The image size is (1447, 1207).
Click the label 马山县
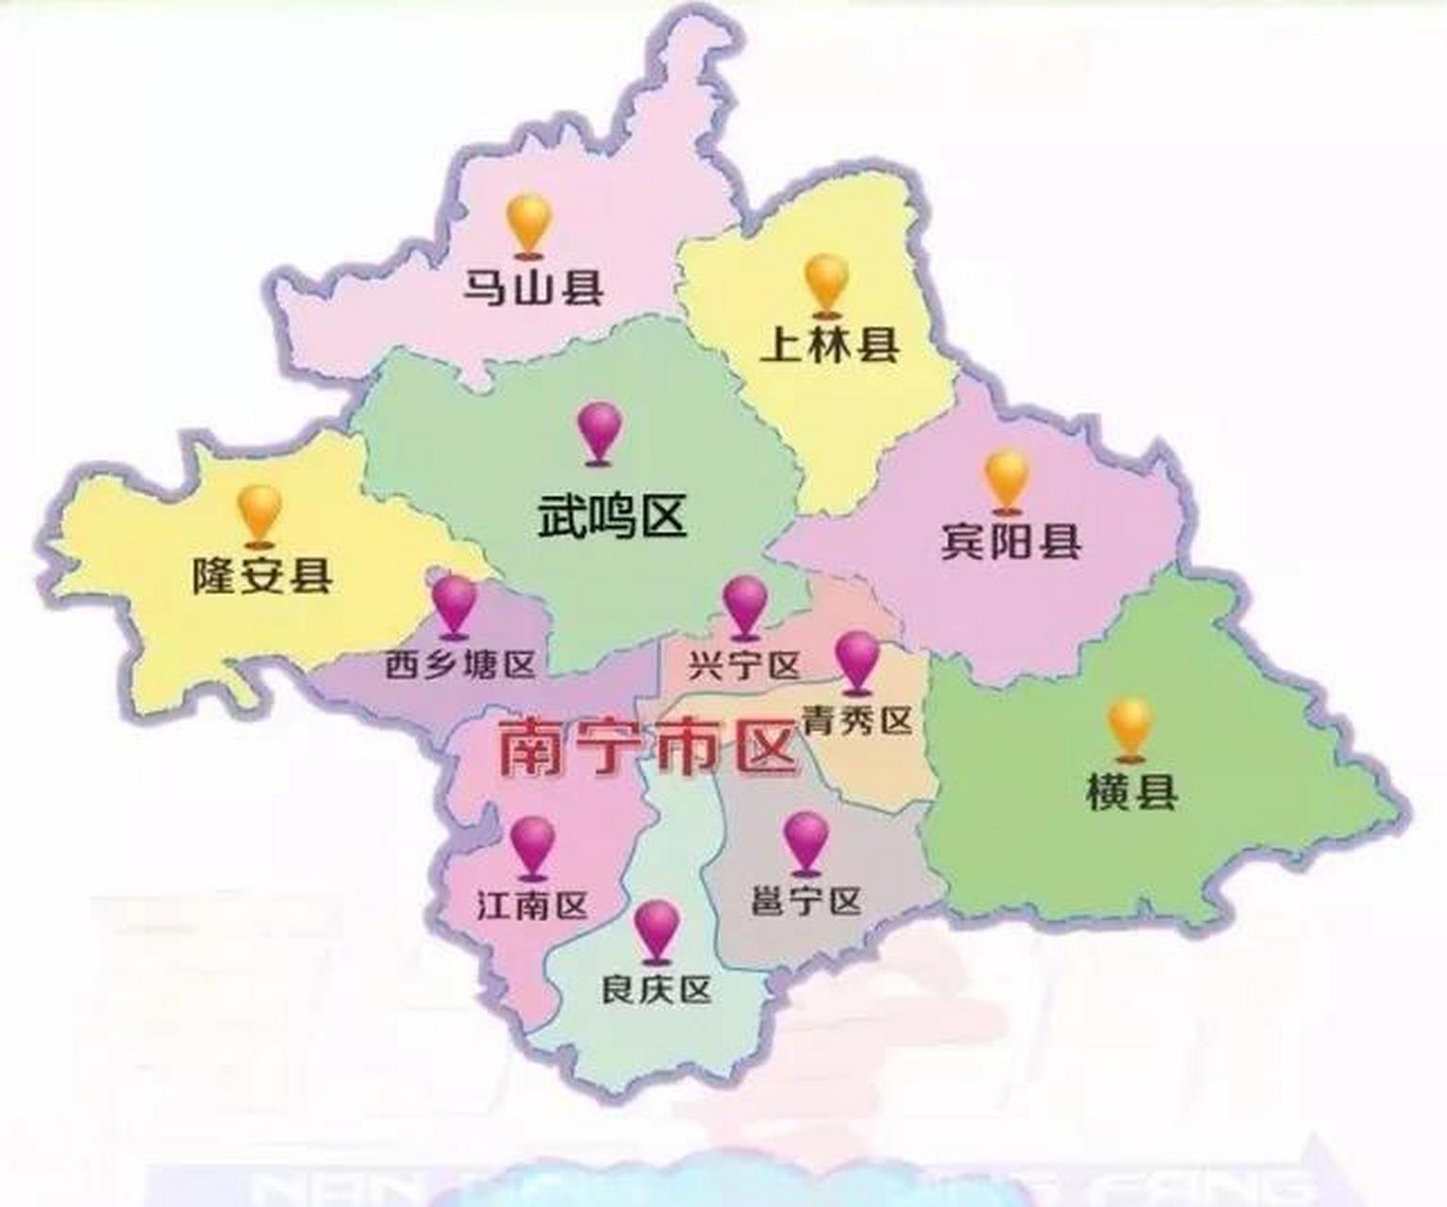(532, 287)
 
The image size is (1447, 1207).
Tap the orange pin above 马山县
(528, 223)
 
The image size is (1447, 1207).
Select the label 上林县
(830, 345)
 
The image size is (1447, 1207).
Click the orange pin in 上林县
(827, 280)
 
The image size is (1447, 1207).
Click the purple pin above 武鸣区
(600, 429)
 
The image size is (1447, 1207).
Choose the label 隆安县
(262, 574)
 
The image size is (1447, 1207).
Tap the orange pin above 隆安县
(259, 511)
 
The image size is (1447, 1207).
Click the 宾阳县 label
(1011, 540)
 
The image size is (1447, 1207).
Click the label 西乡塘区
(460, 666)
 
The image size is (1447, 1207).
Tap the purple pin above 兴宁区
(745, 603)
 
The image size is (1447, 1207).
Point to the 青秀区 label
(857, 720)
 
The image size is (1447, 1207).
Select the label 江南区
(532, 905)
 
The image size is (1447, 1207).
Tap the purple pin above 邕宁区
(807, 839)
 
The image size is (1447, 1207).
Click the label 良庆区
(657, 989)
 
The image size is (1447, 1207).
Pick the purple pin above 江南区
(533, 844)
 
